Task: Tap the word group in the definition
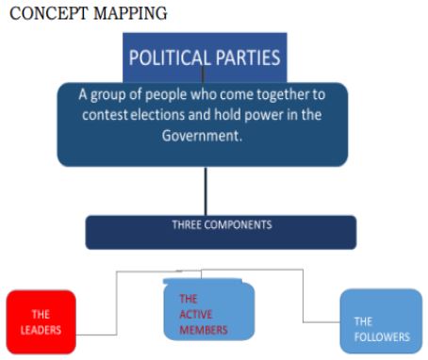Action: [x=118, y=95]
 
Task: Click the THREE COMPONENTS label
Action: [x=222, y=225]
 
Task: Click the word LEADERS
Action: [x=41, y=331]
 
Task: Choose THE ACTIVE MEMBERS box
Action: [x=208, y=310]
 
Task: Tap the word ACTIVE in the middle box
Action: [x=196, y=315]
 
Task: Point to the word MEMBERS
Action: [x=205, y=330]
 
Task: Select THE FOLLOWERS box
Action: [x=381, y=320]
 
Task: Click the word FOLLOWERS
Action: [x=382, y=335]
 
